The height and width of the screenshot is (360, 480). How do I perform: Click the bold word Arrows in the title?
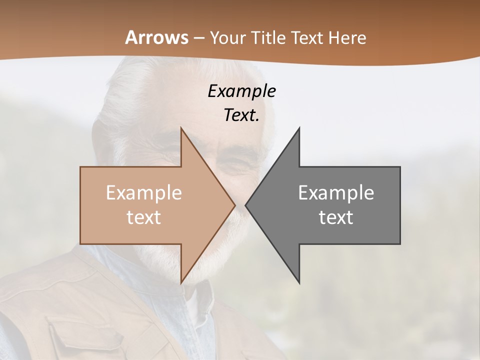coord(156,37)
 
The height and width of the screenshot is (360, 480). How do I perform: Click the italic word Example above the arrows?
coord(241,91)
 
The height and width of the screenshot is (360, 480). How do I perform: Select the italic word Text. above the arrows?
coord(241,115)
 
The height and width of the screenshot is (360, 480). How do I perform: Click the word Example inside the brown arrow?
coord(144,193)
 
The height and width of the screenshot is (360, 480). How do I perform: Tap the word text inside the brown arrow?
coord(144,217)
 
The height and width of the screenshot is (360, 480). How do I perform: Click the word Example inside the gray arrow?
coord(336,193)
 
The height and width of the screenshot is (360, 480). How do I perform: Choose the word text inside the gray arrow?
coord(336,217)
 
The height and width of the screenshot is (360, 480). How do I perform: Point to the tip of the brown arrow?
coord(234,205)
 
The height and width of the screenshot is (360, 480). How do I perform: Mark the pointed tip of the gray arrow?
coord(246,205)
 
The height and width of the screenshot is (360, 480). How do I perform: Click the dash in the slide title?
coord(198,38)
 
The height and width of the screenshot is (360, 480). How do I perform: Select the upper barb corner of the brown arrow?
coord(180,128)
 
